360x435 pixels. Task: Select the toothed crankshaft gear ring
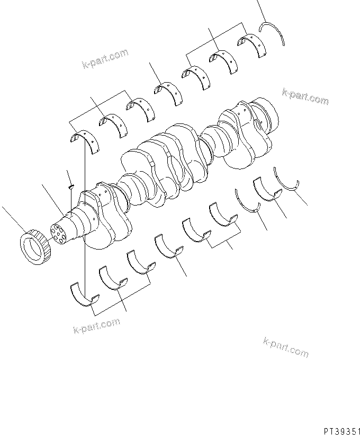pyautogui.click(x=35, y=247)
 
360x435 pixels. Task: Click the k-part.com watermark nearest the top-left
pyautogui.click(x=105, y=59)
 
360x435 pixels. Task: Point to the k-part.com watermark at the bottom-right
pyautogui.click(x=285, y=347)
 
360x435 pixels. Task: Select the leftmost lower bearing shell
pyautogui.click(x=84, y=294)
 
